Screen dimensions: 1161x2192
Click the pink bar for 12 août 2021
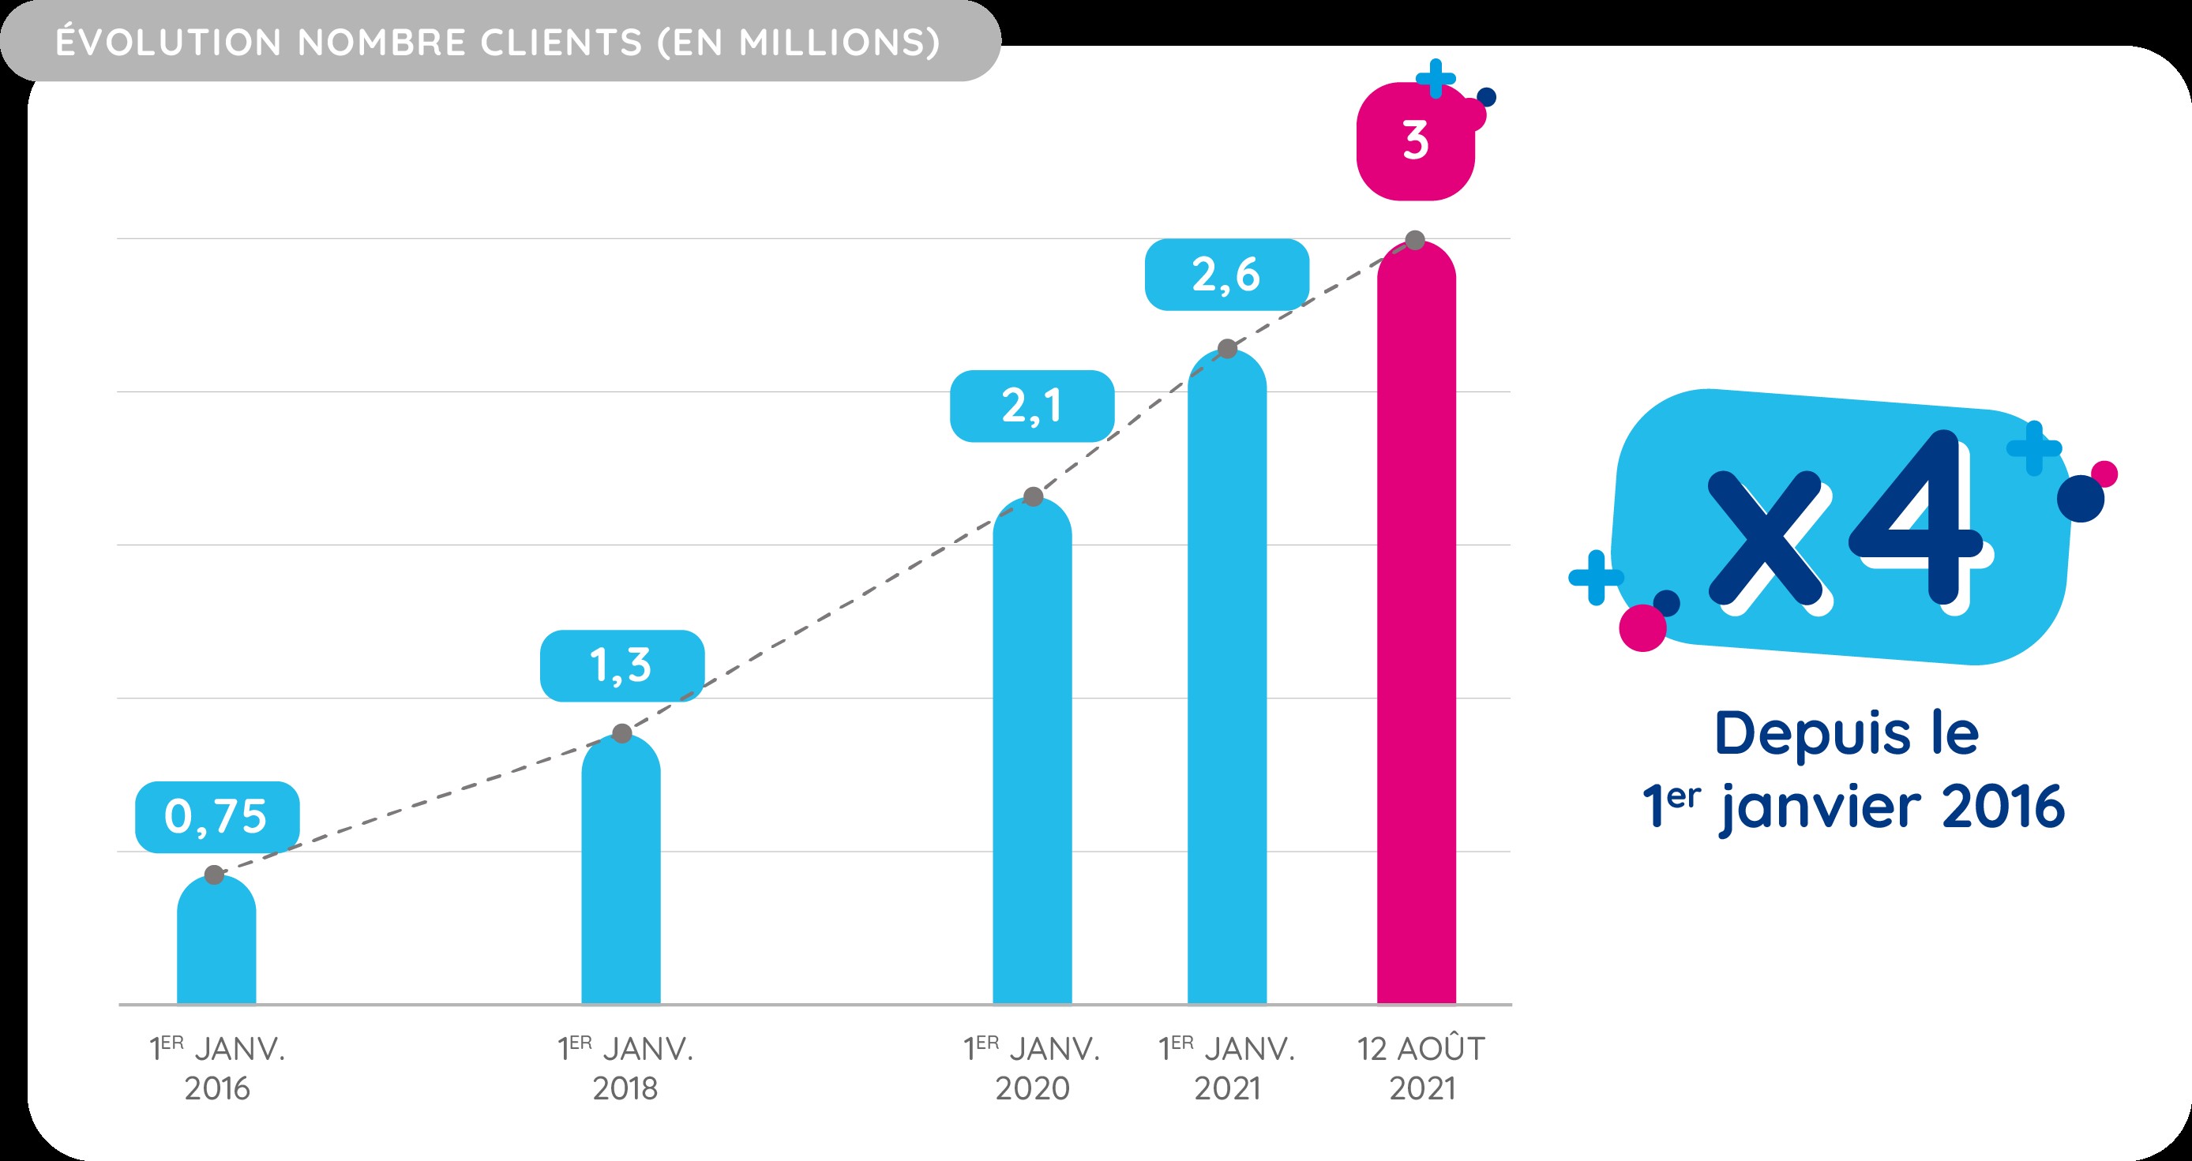coord(1416,629)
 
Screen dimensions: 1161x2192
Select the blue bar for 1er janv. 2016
coord(216,944)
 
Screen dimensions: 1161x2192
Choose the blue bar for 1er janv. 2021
coord(1227,680)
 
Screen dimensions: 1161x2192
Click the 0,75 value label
coord(217,817)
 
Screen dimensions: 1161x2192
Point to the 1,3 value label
coord(622,665)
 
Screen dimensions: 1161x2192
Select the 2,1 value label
coord(1032,406)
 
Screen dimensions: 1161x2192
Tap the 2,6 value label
coord(1226,274)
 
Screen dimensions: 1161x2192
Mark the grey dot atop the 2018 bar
coord(622,733)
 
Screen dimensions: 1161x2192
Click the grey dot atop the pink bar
coord(1415,241)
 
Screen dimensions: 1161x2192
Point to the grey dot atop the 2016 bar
coord(215,874)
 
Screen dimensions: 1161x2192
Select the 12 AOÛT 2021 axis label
coord(1421,1069)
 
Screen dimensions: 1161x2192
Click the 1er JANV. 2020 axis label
coord(1031,1069)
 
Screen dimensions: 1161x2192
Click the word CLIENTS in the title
coord(561,43)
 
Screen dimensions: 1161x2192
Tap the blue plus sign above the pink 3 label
coord(1436,78)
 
